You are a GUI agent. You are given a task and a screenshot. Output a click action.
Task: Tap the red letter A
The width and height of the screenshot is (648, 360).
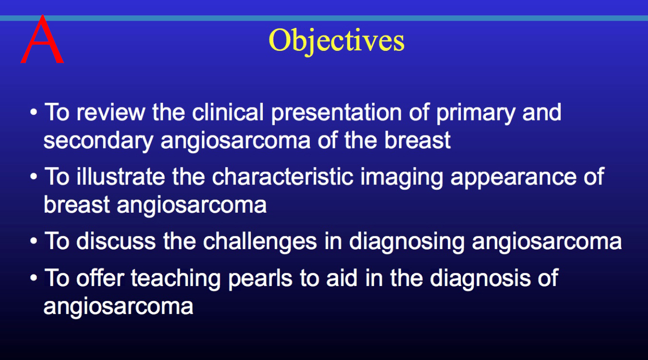coord(42,39)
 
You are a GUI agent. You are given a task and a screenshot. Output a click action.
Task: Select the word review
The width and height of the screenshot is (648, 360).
coord(111,112)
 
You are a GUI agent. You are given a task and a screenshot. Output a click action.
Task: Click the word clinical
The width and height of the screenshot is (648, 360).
coord(228,112)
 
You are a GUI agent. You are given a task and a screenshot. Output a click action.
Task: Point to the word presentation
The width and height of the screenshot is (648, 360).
coord(336,113)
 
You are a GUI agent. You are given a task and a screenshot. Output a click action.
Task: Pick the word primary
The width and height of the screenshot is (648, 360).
coord(476,113)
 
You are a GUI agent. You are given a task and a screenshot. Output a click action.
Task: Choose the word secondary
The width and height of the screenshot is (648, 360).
coord(98,141)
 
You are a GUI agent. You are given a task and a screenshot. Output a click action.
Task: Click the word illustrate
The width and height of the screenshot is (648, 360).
coord(121,177)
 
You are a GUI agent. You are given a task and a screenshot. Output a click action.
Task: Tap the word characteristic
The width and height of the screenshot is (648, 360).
coord(283,177)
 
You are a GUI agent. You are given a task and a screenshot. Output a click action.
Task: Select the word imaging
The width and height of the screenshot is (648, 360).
coord(402,178)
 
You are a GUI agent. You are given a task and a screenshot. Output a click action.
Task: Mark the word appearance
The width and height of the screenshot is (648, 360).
coord(514,178)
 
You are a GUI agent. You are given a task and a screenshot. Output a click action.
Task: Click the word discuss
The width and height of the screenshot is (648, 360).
coord(116,241)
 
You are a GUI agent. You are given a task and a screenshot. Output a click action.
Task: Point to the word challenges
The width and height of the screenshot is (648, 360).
coord(260,242)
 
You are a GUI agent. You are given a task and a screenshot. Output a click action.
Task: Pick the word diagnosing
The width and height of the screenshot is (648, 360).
coord(407,242)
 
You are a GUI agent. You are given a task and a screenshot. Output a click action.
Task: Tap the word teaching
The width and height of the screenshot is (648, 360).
coord(176,279)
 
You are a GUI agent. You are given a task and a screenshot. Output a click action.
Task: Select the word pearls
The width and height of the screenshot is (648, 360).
coord(260,279)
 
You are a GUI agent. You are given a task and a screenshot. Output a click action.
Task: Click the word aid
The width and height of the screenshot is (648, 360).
coord(342,277)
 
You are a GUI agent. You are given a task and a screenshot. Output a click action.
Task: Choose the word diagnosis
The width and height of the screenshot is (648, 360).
coord(480,279)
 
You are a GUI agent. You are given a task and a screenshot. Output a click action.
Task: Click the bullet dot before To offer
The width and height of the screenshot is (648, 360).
coord(34,278)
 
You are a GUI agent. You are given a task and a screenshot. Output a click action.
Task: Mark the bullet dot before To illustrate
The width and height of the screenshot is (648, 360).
coord(34,176)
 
